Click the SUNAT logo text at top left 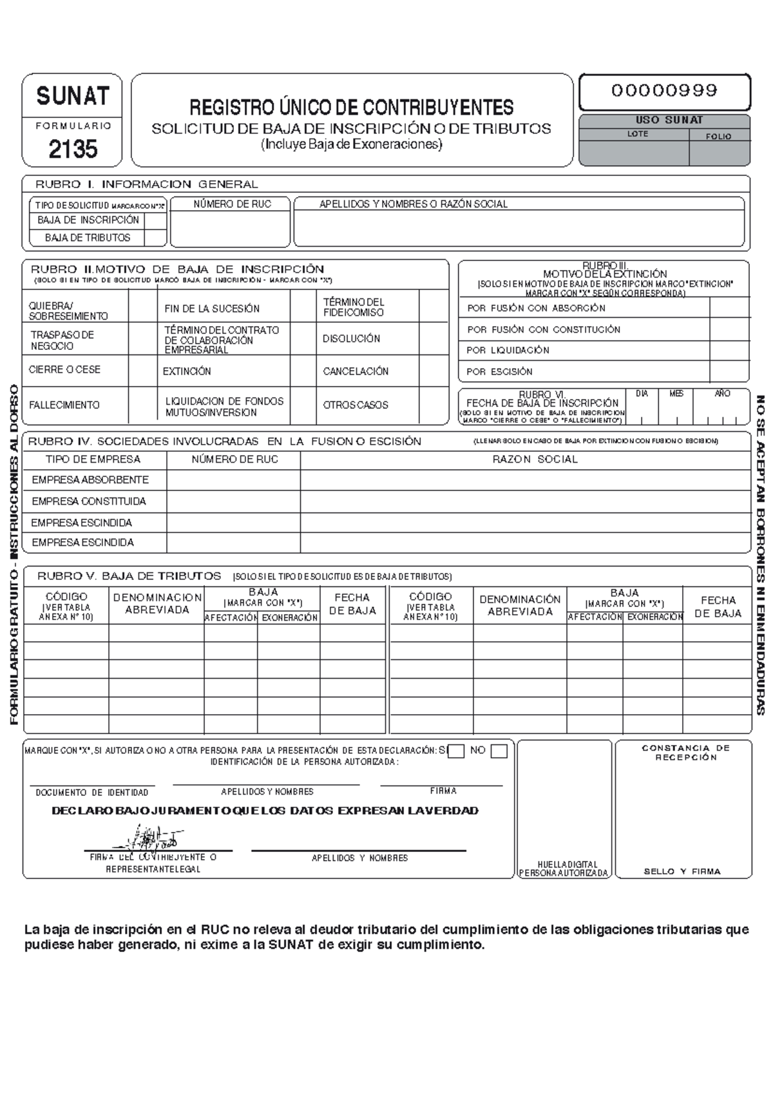click(72, 97)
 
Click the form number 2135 click(73, 150)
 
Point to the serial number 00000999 click(664, 91)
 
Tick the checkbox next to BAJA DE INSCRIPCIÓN click(155, 220)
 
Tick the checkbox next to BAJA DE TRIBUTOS click(155, 238)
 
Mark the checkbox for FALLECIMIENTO click(142, 405)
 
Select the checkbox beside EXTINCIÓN click(303, 371)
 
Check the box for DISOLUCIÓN click(434, 338)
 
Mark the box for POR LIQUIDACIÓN click(729, 351)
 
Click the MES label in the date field click(676, 394)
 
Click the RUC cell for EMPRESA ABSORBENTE click(233, 480)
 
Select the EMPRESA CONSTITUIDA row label click(89, 501)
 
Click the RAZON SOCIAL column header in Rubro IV click(535, 459)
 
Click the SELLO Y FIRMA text click(682, 871)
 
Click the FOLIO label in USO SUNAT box click(718, 137)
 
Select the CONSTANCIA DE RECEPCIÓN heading click(685, 753)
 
